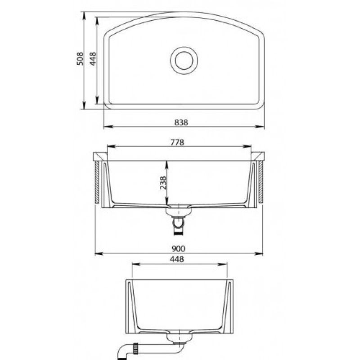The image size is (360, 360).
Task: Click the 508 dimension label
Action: tap(80, 58)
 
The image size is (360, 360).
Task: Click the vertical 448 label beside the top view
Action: tap(93, 58)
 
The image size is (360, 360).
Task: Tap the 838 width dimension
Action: tap(181, 122)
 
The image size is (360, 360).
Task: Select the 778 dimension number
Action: tap(177, 143)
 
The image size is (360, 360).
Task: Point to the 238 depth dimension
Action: tap(163, 183)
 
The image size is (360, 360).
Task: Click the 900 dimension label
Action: tap(178, 248)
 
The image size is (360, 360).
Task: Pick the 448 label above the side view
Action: tap(177, 259)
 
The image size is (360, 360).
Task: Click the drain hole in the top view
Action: tap(184, 60)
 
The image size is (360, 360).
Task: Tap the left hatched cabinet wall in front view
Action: tap(97, 182)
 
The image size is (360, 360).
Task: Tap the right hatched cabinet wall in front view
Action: tap(261, 182)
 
